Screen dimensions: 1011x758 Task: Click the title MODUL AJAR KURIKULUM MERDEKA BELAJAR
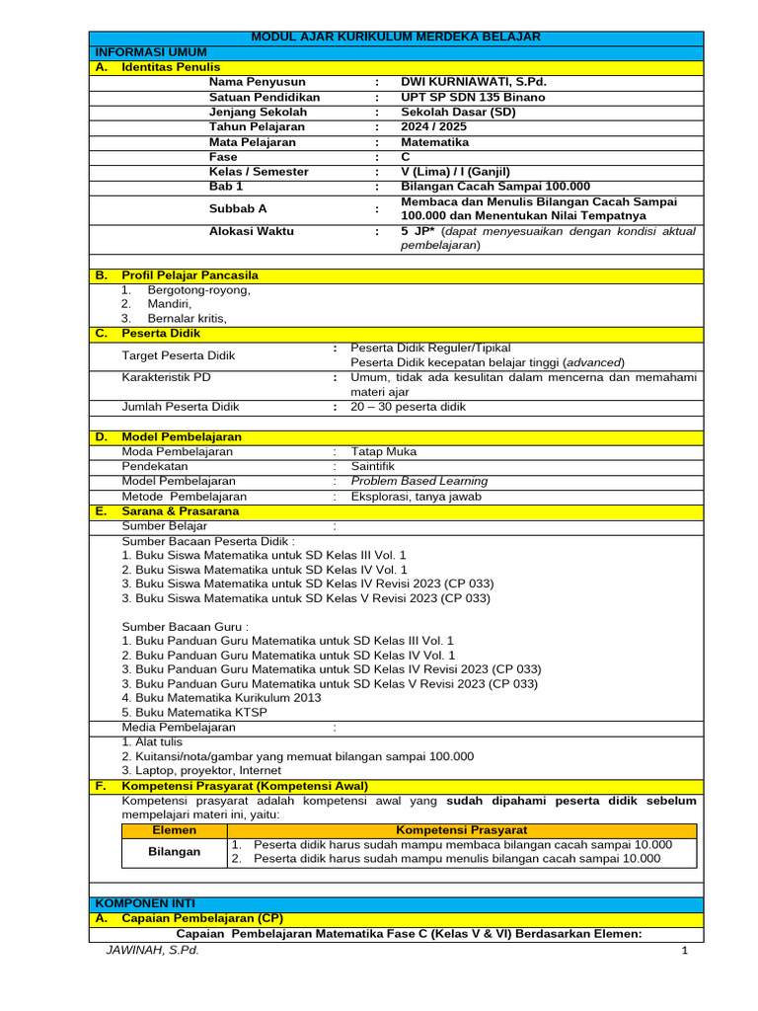tap(396, 37)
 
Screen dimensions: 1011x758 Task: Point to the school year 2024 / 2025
tap(434, 127)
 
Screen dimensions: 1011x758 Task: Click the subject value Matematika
tap(434, 142)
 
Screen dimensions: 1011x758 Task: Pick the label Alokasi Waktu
tap(251, 231)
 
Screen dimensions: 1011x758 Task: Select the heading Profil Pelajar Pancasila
tap(189, 275)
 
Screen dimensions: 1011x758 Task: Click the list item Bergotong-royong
tap(198, 290)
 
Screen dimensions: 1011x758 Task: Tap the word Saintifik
tap(373, 466)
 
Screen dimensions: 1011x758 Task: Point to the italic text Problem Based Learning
tap(419, 481)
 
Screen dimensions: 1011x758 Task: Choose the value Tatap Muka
tap(384, 451)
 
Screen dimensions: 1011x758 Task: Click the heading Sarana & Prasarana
tap(180, 511)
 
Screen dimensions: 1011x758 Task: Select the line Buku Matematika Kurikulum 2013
tap(221, 697)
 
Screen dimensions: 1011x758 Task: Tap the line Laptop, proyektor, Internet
tap(201, 770)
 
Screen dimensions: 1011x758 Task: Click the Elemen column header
tap(175, 830)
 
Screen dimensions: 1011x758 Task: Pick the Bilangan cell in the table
tap(175, 851)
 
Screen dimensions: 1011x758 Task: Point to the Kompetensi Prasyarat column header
tap(461, 830)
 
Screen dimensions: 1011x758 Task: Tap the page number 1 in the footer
tap(683, 951)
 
